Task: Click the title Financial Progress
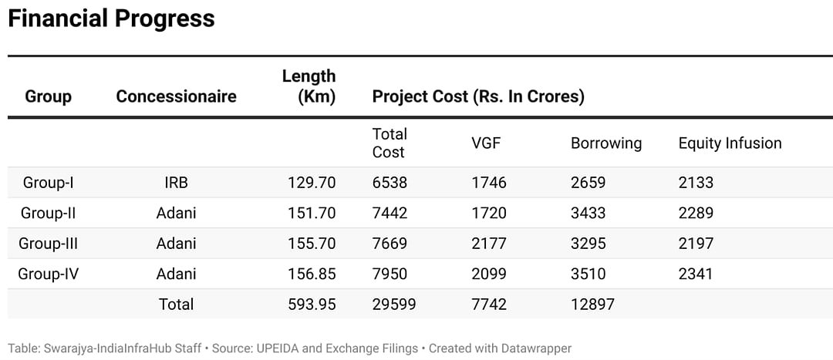111,19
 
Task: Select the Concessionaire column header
176,96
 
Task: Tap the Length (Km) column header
309,86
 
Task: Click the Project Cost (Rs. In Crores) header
478,96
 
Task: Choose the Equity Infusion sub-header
730,143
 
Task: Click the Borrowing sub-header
606,143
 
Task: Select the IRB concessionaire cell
176,183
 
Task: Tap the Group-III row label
49,244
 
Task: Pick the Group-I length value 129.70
312,183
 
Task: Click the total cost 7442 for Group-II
390,213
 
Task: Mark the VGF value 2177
489,244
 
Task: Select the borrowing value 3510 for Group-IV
588,274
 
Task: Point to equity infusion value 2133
696,183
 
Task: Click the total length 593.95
312,304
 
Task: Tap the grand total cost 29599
394,304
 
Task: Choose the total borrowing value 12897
592,304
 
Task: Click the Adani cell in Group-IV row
176,274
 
